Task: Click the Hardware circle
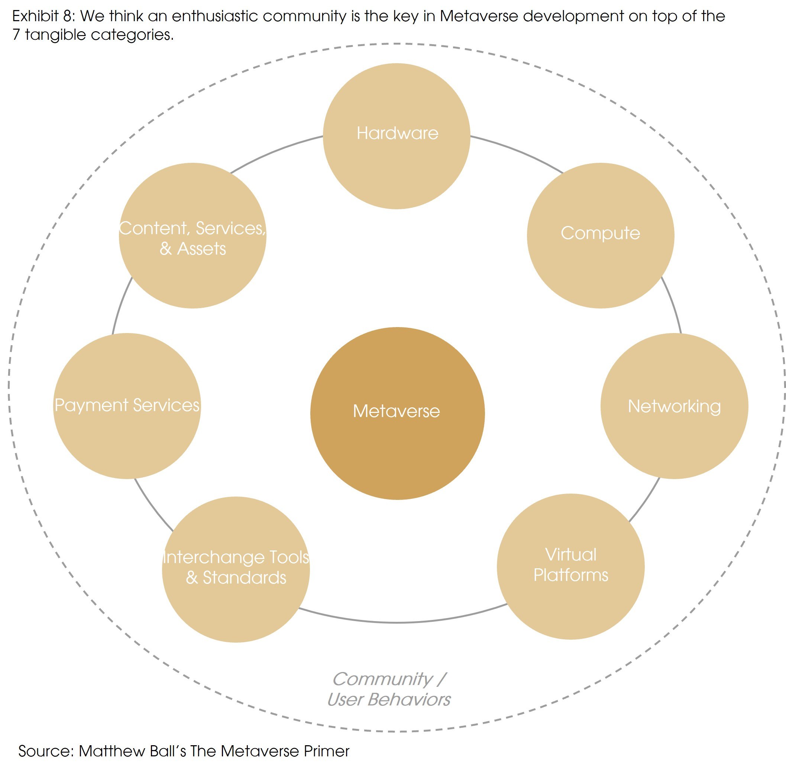(x=396, y=136)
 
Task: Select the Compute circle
(x=600, y=236)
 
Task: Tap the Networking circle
(x=674, y=406)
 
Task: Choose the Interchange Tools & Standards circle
(x=236, y=569)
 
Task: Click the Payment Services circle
(x=127, y=406)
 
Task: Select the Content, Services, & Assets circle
(x=193, y=236)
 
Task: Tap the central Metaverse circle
(x=397, y=413)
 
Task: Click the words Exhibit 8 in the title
(x=43, y=16)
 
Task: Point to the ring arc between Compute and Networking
(x=673, y=305)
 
